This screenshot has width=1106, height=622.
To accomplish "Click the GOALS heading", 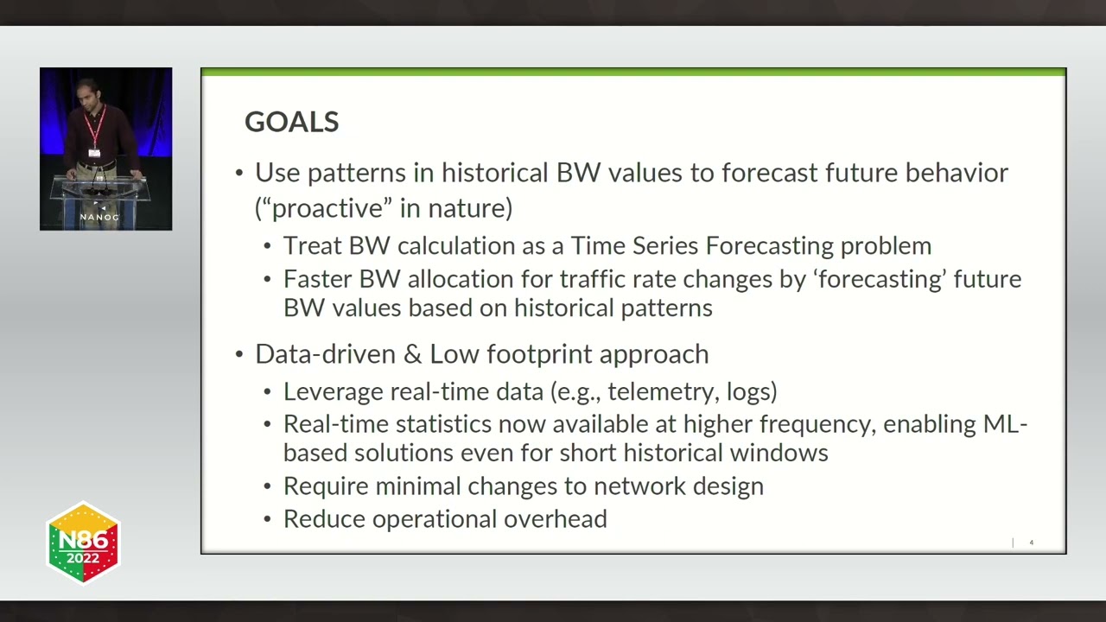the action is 292,122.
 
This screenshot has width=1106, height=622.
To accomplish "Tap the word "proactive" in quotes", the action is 327,208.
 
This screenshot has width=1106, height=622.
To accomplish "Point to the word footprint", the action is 539,354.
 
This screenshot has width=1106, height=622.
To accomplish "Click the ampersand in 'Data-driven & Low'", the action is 413,354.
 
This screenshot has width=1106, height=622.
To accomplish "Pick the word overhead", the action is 556,519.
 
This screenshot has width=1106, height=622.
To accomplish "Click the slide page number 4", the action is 1032,543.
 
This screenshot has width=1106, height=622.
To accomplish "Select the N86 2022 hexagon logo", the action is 83,543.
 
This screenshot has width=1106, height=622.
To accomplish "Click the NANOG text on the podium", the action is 99,217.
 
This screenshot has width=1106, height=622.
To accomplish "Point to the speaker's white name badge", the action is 94,153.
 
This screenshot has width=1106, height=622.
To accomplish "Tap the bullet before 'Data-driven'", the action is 239,354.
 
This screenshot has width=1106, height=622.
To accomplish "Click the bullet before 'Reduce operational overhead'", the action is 268,519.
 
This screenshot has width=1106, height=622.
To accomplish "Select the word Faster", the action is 317,279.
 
